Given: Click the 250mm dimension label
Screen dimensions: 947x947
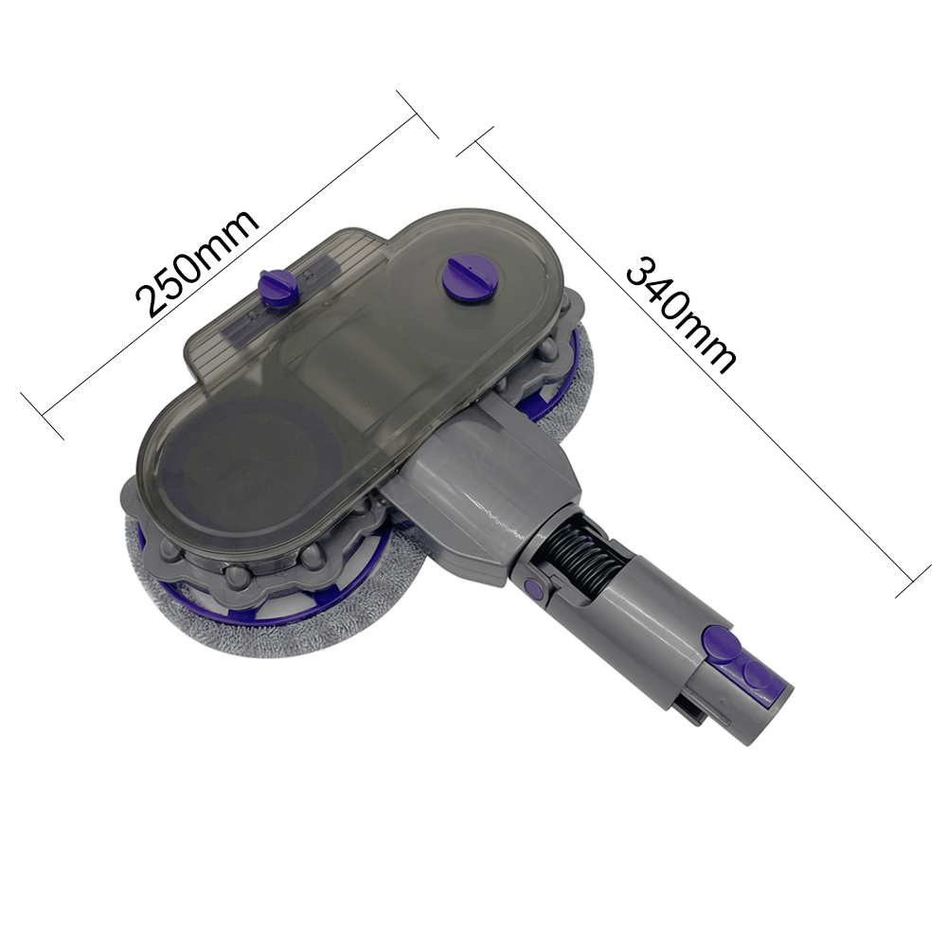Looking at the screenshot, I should pyautogui.click(x=196, y=262).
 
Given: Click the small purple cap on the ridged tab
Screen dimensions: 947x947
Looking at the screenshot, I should pyautogui.click(x=278, y=286).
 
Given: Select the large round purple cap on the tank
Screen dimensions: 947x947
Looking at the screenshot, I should pyautogui.click(x=468, y=279).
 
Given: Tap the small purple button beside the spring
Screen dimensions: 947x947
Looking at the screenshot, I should pyautogui.click(x=533, y=590).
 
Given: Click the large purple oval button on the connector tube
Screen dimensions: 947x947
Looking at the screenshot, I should pyautogui.click(x=722, y=645).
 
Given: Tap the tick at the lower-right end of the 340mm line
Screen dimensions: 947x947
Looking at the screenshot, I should pyautogui.click(x=915, y=579).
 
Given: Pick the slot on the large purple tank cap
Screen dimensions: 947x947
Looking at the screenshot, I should pyautogui.click(x=468, y=276).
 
